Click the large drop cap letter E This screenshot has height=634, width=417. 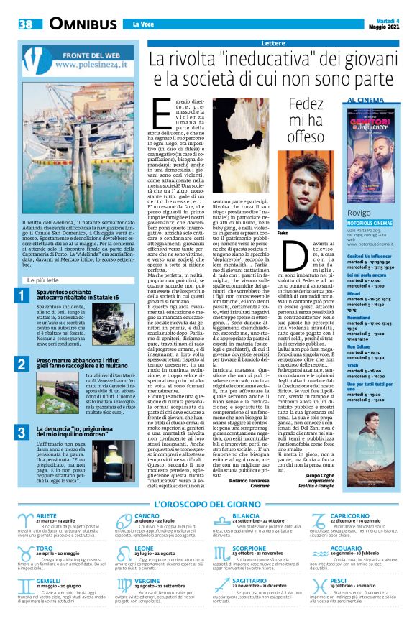pyautogui.click(x=163, y=114)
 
